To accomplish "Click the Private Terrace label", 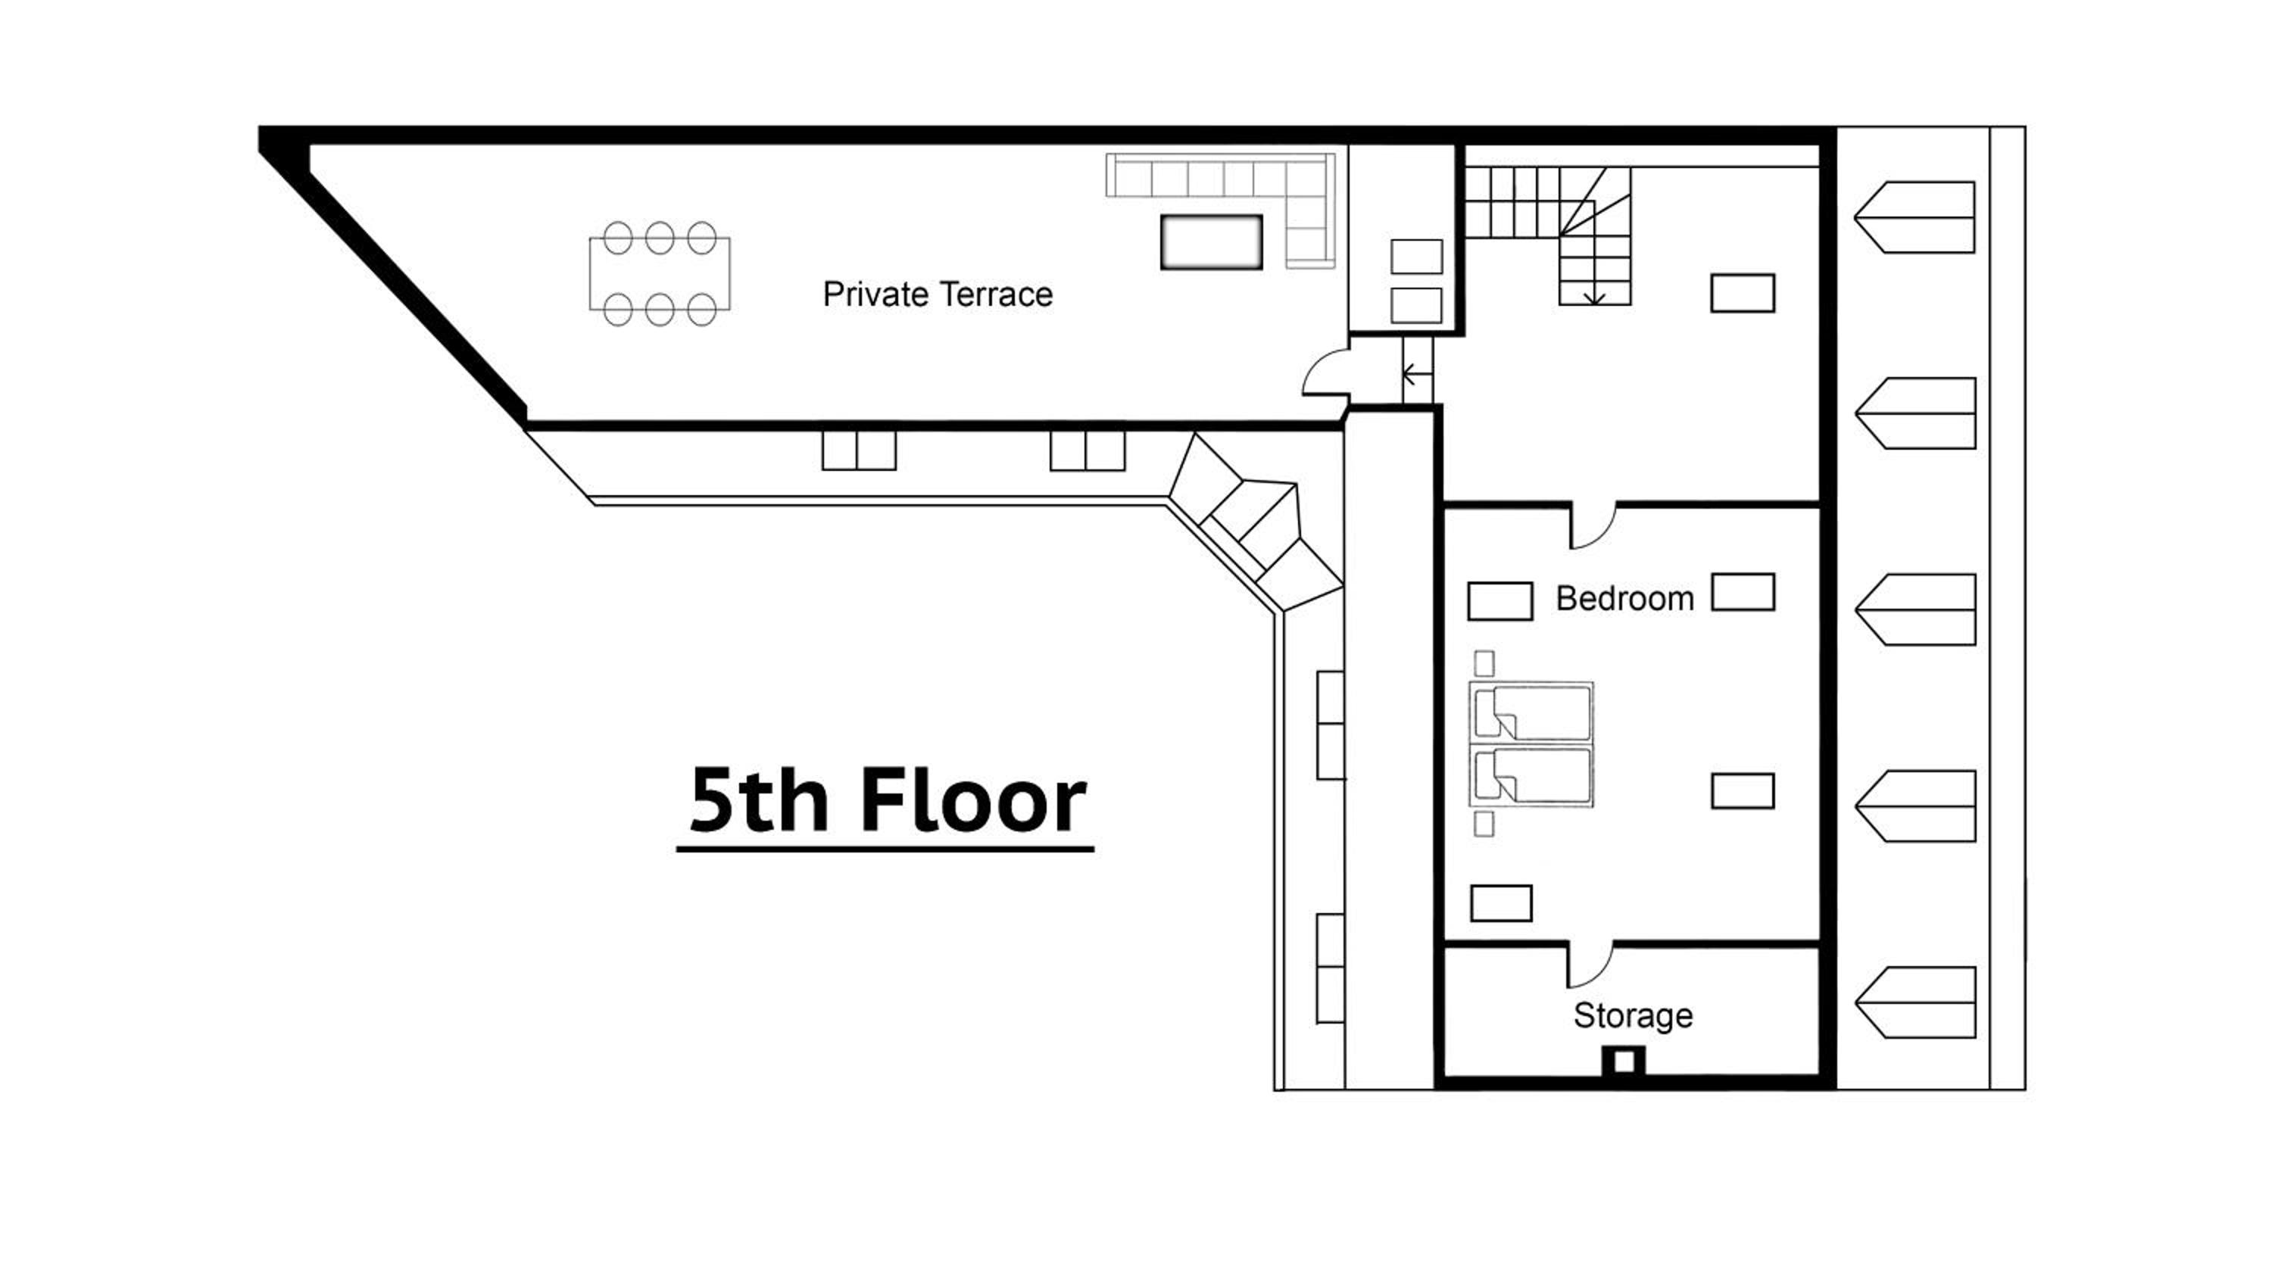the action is [938, 295].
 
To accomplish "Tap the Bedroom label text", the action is [1624, 599].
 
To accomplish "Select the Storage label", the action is [1633, 1016].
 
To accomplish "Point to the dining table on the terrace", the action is [660, 273].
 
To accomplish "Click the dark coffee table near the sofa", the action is [1211, 242].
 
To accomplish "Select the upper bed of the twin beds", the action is [1532, 712].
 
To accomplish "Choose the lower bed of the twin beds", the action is [1532, 775].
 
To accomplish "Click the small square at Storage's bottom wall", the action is [1624, 1062].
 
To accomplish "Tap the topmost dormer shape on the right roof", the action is [1914, 217].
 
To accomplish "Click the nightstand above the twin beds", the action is [1484, 662].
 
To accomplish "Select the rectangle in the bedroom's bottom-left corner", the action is [1501, 903].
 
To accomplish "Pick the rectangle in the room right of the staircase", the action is [1743, 293].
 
